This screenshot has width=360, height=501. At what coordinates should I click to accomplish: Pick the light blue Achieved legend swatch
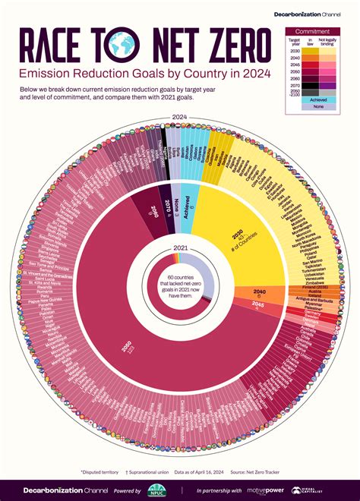pos(314,99)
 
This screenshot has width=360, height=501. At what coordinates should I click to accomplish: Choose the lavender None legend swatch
pos(314,107)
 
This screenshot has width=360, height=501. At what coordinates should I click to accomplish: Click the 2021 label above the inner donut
pos(180,247)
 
